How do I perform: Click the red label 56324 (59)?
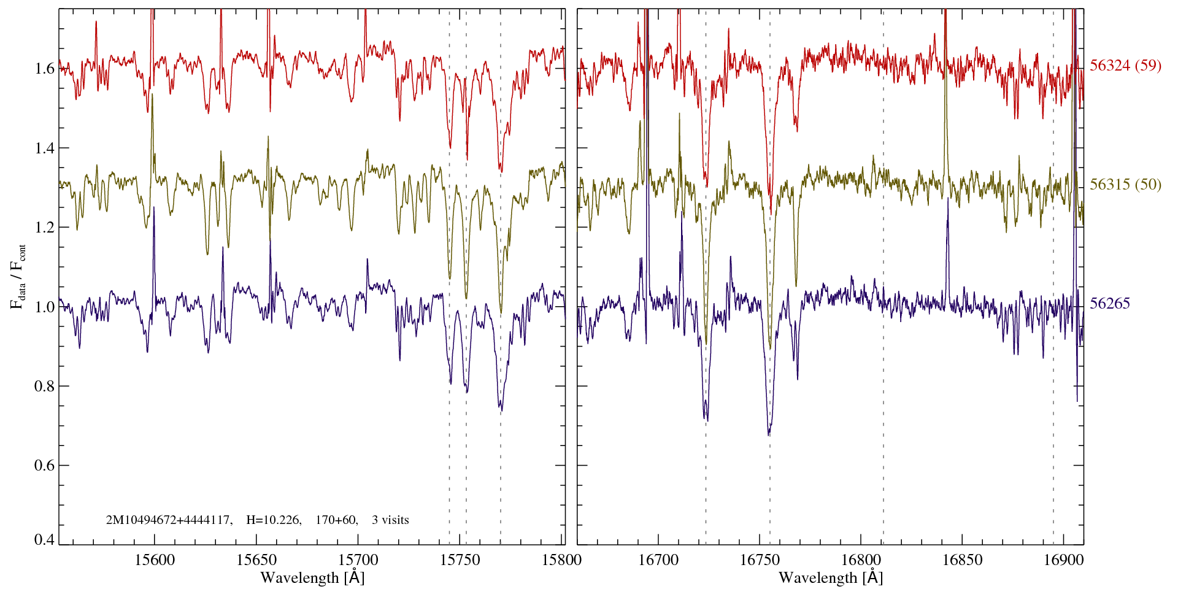1125,66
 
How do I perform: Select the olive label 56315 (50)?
1125,185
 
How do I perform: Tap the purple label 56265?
1109,304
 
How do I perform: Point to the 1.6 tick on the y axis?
45,68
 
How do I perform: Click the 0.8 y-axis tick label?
45,386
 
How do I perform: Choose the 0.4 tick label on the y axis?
45,540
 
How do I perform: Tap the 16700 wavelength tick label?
658,560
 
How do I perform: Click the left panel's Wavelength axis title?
312,578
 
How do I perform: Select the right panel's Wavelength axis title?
831,578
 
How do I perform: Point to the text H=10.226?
273,520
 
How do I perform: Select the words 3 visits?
390,520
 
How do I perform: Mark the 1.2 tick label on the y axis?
45,227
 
